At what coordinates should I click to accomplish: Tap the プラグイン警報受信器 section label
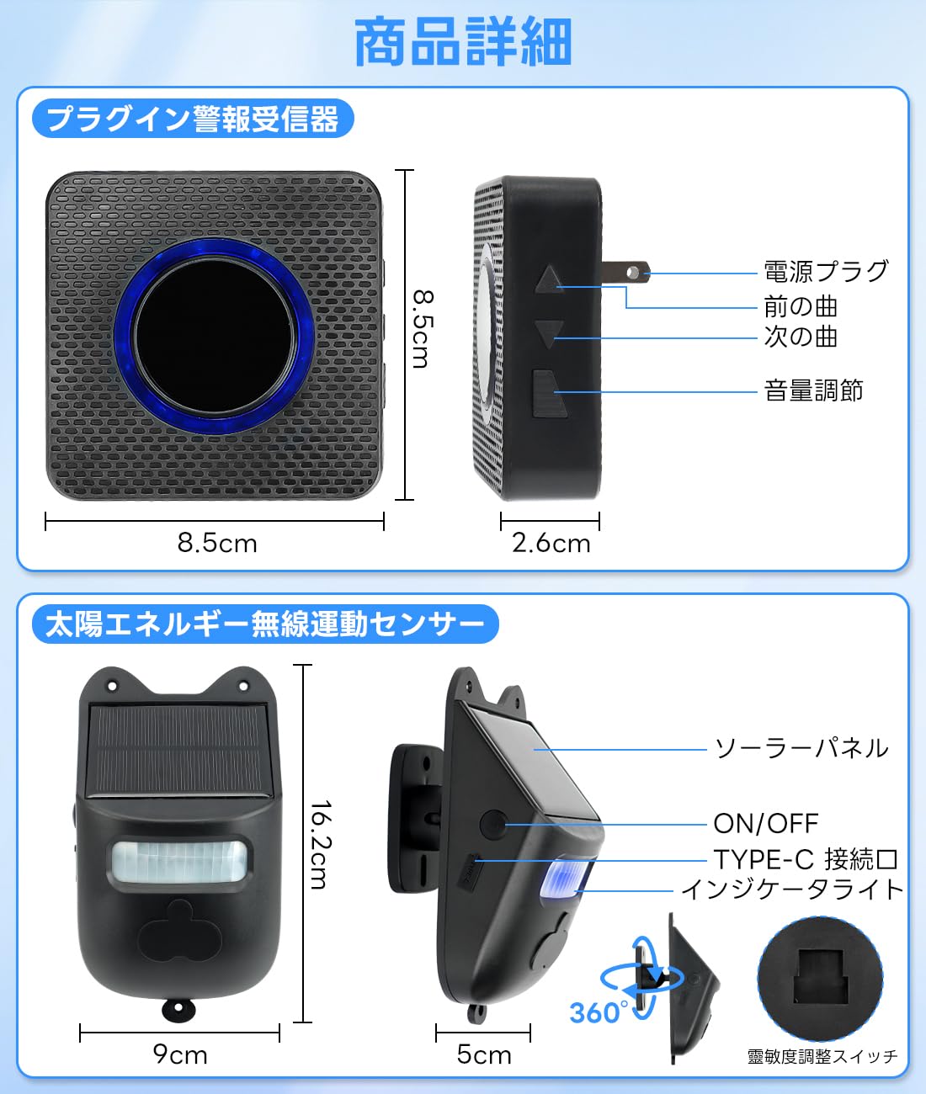(193, 119)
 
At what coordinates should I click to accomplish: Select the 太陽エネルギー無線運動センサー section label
(264, 624)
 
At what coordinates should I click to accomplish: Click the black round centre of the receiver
(215, 335)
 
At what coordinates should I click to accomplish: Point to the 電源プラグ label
(825, 271)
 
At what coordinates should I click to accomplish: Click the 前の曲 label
(801, 306)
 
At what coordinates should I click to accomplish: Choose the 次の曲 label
(801, 337)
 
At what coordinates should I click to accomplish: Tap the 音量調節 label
(813, 390)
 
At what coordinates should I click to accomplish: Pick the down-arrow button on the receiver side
(549, 333)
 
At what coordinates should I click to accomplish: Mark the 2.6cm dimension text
(551, 543)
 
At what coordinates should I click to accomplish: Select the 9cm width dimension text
(180, 1054)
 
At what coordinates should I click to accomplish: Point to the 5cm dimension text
(484, 1054)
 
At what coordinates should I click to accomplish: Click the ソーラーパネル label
(801, 748)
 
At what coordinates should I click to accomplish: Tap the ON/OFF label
(765, 823)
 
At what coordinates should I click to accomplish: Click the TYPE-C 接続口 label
(806, 859)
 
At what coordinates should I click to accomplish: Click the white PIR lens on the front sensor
(180, 861)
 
